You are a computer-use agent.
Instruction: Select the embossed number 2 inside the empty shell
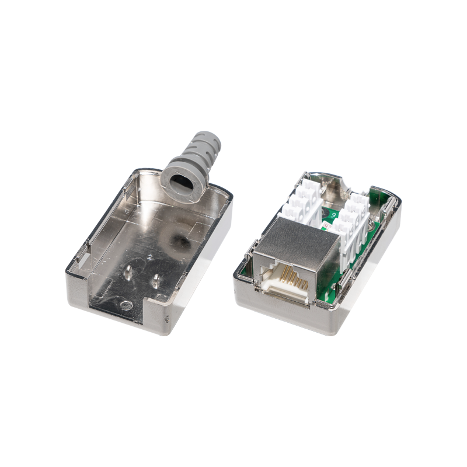tap(150, 256)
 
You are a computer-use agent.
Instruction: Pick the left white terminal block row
tap(300, 202)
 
